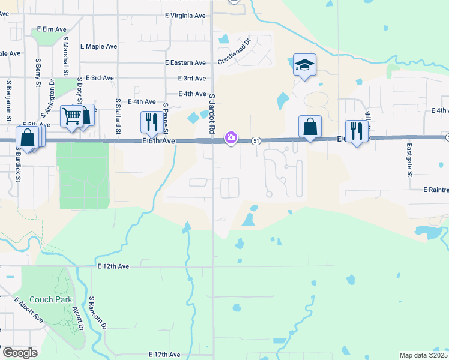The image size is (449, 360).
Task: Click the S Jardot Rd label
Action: pyautogui.click(x=212, y=113)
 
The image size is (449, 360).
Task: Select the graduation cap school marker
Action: pyautogui.click(x=304, y=65)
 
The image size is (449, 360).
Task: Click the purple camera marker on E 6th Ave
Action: pyautogui.click(x=231, y=138)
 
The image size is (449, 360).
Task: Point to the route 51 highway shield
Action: pyautogui.click(x=256, y=140)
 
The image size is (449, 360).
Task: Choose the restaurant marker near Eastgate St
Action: pyautogui.click(x=357, y=130)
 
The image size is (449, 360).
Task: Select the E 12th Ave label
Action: pyautogui.click(x=113, y=266)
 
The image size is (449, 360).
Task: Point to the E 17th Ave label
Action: pyautogui.click(x=164, y=355)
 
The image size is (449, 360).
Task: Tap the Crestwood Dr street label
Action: pyautogui.click(x=237, y=52)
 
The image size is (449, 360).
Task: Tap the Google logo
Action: pyautogui.click(x=20, y=353)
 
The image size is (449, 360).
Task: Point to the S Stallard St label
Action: pyautogui.click(x=118, y=116)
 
